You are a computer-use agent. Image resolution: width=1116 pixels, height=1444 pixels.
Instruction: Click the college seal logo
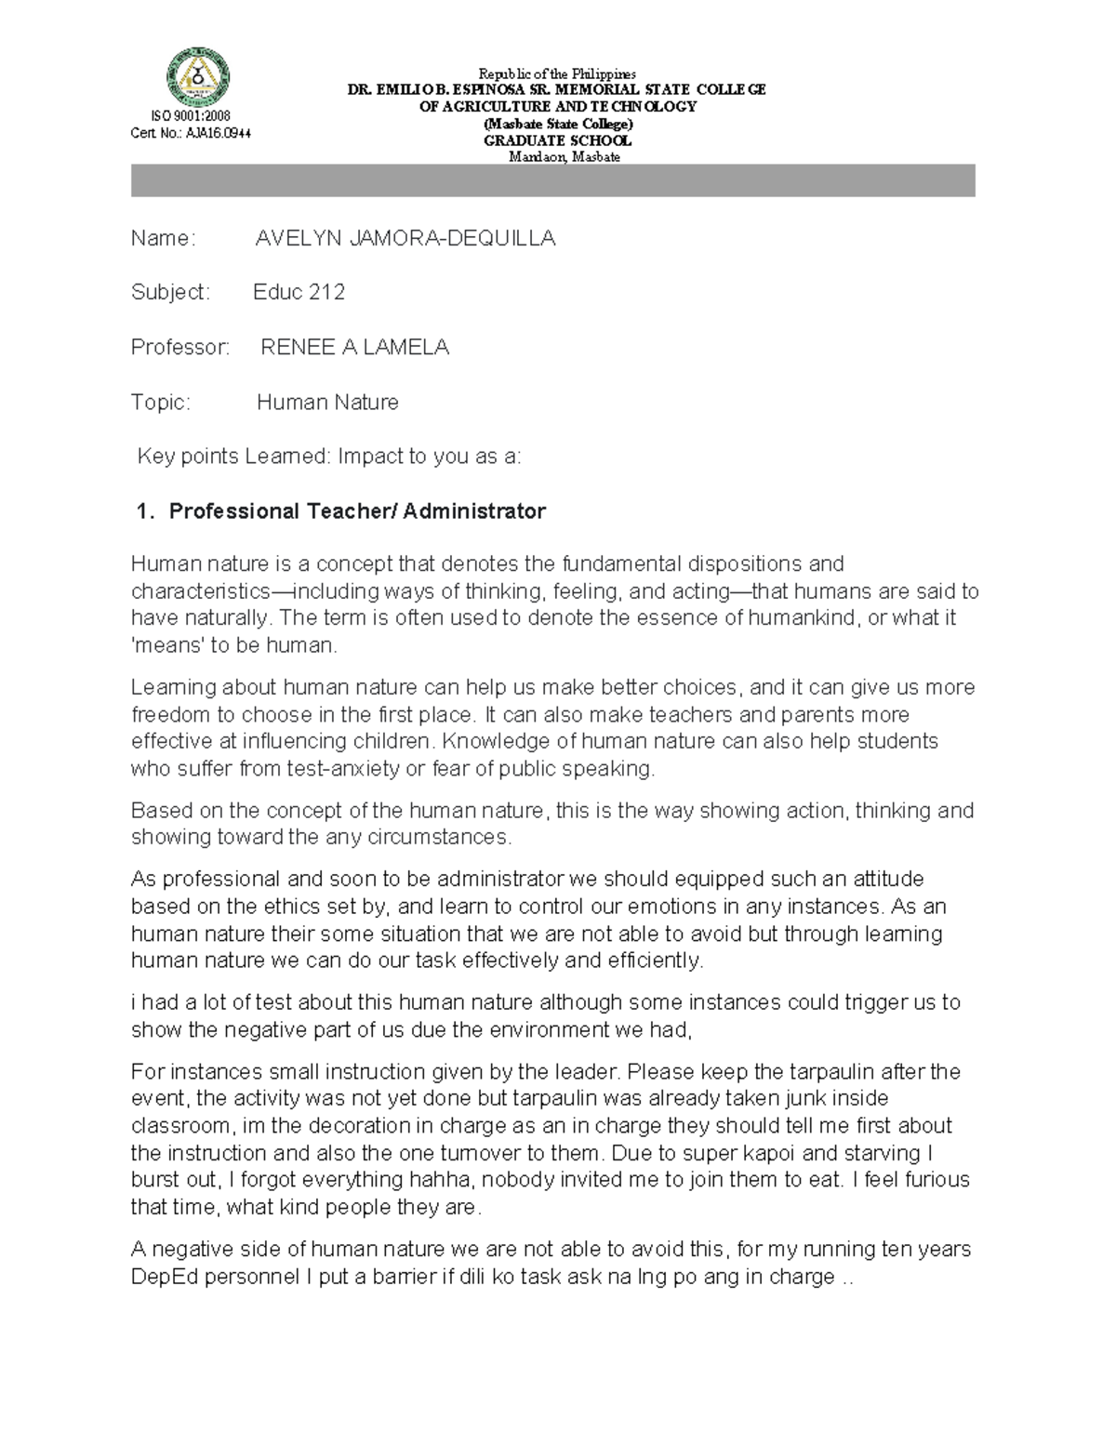coord(197,77)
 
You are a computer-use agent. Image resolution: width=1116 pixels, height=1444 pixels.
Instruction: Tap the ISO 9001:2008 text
coord(190,116)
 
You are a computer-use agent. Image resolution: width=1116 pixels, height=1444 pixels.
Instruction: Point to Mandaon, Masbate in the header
coord(564,157)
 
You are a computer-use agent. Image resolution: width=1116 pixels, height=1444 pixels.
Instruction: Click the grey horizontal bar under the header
coord(552,180)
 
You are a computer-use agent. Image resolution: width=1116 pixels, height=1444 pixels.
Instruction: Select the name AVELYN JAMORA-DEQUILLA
coord(405,239)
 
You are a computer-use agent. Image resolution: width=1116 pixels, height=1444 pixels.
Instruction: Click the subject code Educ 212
coord(299,292)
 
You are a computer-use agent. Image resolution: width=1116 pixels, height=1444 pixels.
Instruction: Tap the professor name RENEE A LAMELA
coord(354,348)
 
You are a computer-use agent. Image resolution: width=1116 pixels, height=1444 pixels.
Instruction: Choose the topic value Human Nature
coord(327,403)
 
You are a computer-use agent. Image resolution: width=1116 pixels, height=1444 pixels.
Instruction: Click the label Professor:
coord(180,348)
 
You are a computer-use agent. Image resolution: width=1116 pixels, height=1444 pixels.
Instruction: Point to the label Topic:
coord(161,403)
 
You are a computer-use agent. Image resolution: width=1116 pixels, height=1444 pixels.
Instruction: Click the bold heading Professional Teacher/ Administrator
coord(357,511)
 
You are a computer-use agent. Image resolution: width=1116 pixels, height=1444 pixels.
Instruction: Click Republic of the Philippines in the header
coord(557,73)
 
